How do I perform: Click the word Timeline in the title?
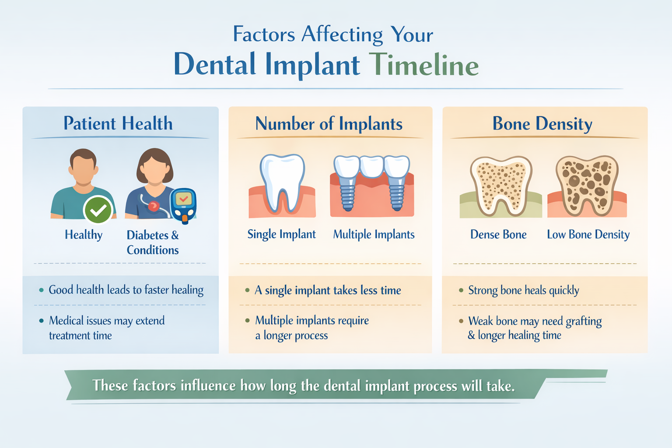[x=423, y=65]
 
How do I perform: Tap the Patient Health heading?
[x=118, y=123]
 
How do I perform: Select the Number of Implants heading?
[x=329, y=124]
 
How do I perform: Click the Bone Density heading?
[x=542, y=124]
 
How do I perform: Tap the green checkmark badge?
[x=98, y=210]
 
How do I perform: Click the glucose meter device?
[x=183, y=205]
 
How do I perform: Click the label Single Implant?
[x=281, y=234]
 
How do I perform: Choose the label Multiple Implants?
[x=374, y=234]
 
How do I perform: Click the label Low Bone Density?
[x=588, y=234]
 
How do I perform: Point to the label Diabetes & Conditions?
[x=153, y=242]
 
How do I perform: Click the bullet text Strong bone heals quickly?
[x=523, y=290]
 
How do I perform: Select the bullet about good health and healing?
[x=126, y=290]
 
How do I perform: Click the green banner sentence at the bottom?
[x=304, y=385]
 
